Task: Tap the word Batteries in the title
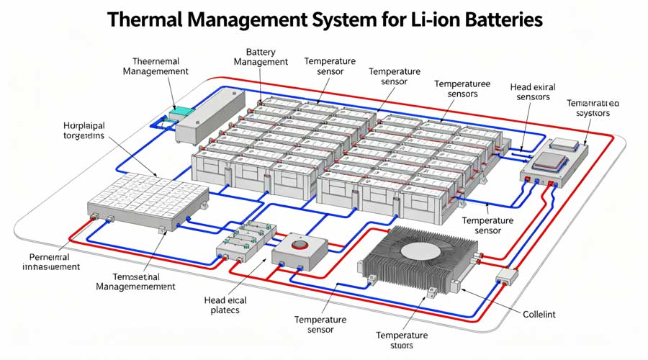496,19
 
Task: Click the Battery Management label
261,58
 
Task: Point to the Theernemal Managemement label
156,66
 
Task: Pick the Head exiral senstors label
530,91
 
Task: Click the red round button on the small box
299,245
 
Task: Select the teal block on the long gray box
181,113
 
